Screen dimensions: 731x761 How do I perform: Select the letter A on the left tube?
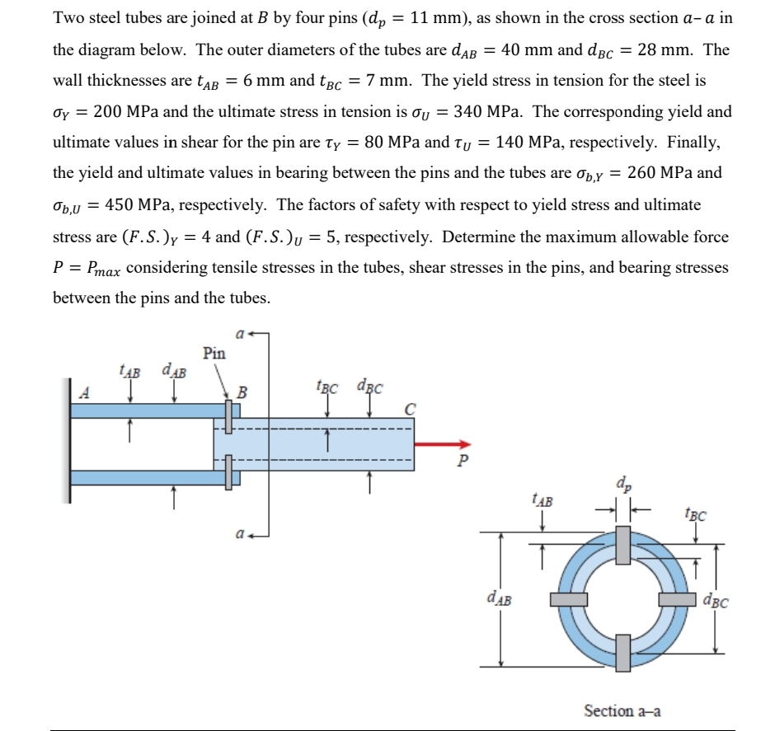[x=83, y=393]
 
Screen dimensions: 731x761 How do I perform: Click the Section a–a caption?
[x=622, y=710]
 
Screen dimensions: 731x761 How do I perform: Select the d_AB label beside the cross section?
[x=502, y=598]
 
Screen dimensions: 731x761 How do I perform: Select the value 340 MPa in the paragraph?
[x=486, y=111]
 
